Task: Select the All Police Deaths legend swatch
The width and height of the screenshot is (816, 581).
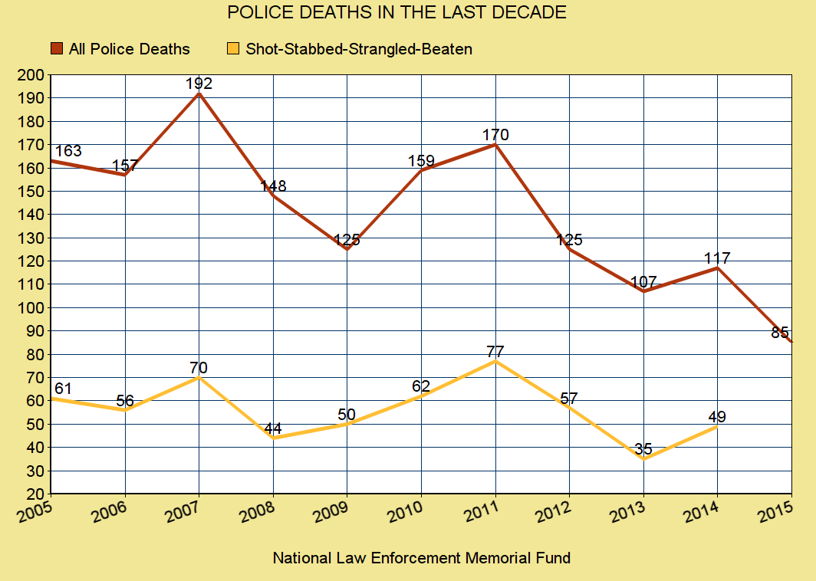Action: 57,49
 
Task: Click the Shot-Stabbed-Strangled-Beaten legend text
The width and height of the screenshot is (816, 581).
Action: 359,49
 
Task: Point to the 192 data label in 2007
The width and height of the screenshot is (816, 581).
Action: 199,84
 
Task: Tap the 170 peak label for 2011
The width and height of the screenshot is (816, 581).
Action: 495,135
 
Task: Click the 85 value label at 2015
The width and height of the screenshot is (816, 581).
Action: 780,333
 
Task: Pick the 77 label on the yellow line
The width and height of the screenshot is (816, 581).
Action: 495,352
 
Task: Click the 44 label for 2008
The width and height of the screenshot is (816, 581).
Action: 273,428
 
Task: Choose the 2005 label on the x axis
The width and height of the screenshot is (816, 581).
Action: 35,510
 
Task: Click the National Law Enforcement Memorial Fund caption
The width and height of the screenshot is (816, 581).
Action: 421,558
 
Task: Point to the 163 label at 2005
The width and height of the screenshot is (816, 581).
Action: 67,151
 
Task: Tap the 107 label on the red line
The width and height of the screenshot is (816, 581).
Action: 643,281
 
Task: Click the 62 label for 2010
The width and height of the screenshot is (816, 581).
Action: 420,386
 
